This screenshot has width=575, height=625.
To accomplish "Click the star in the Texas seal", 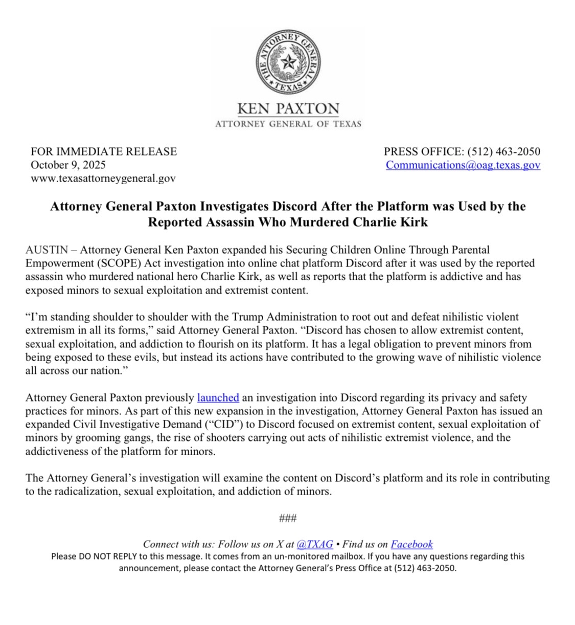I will point(288,63).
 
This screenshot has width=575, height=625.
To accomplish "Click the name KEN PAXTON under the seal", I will point(288,109).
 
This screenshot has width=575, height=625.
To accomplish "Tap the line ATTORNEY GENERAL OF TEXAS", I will point(288,124).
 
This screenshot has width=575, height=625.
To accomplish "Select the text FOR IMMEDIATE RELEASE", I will point(104,151).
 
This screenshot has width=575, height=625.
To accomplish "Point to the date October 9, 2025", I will point(68,165).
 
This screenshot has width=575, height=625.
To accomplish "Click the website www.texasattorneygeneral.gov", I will point(103,178).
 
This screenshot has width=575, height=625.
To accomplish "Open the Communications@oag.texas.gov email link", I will point(463,165).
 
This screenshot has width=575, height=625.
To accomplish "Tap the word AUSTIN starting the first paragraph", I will point(47,250).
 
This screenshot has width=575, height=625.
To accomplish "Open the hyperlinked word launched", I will point(218,397).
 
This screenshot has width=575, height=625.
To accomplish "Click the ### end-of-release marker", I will point(288,518).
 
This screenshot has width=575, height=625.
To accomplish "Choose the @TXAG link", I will point(315,544).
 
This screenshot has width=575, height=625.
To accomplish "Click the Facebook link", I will point(411,544).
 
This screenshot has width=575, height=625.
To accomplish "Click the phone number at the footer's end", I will point(425,568).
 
